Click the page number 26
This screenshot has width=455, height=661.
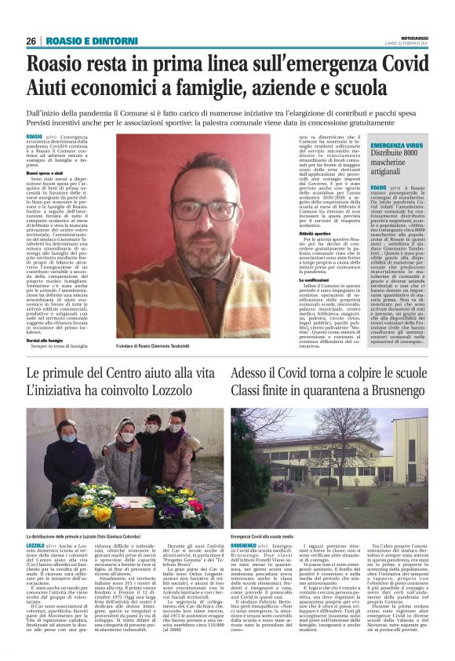pos(31,41)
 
